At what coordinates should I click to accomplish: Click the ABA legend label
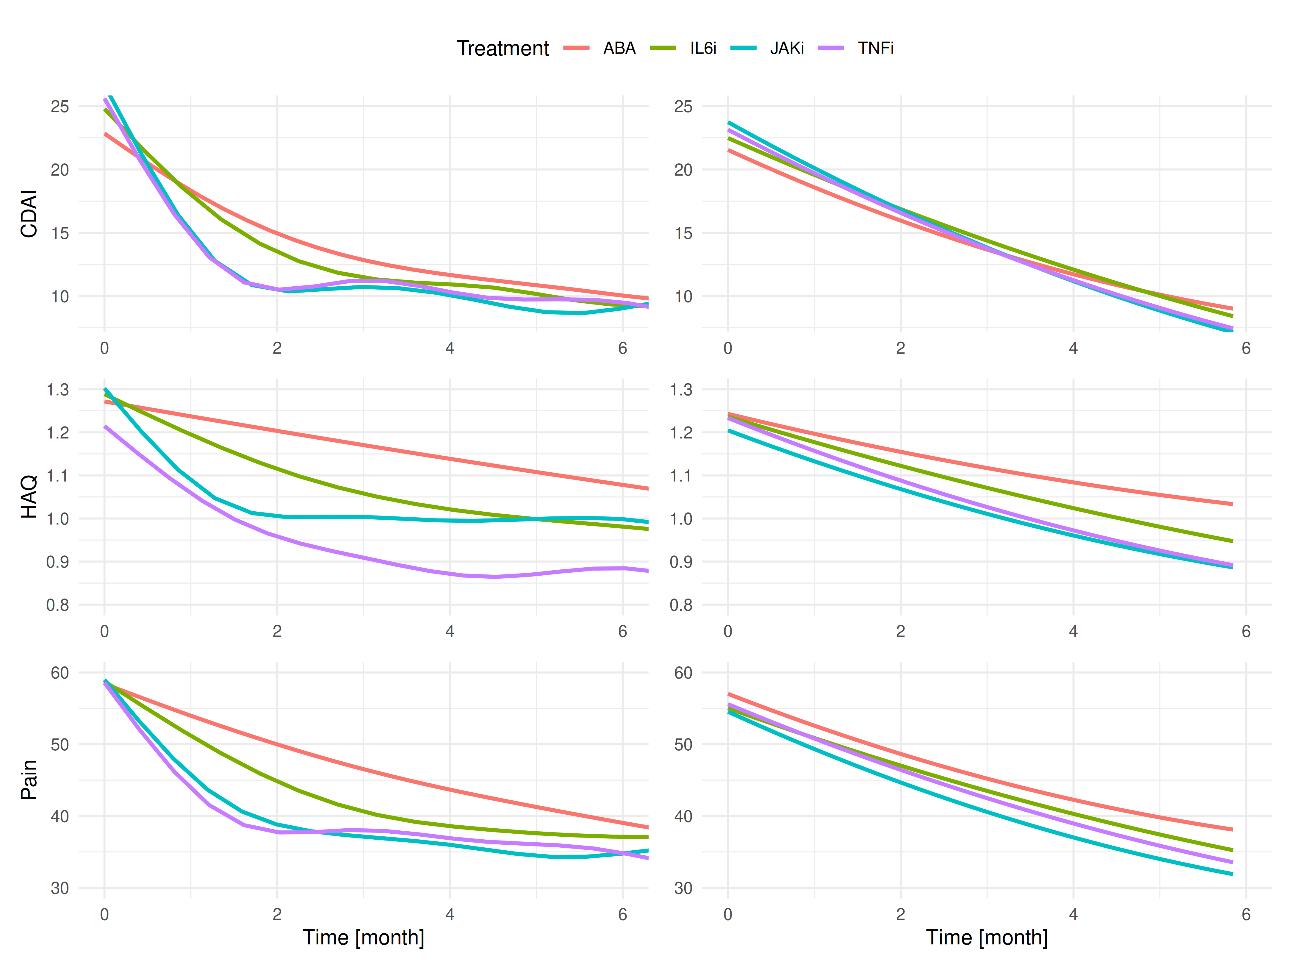point(619,48)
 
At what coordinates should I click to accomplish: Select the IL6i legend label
point(703,48)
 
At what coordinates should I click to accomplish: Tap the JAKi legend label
point(787,48)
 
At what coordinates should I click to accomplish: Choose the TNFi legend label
point(875,48)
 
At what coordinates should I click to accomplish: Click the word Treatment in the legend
point(503,48)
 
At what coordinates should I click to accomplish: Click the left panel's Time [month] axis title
point(363,937)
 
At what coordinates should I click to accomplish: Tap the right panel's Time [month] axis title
point(987,937)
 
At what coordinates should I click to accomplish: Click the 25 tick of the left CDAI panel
point(60,107)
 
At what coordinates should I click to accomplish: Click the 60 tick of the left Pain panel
point(60,672)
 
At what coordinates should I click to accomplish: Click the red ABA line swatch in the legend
point(576,48)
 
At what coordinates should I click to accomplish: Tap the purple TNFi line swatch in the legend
point(831,48)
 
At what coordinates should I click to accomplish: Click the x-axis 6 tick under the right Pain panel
point(1246,914)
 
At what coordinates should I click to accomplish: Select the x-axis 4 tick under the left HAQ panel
point(450,631)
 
